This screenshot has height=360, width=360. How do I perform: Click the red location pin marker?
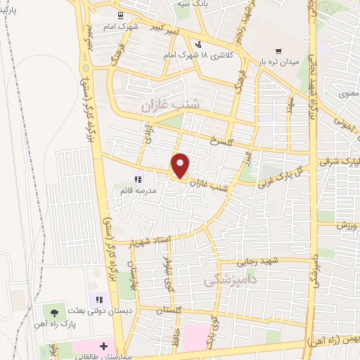tap(181, 165)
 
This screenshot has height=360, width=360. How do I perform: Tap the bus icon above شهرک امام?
tap(121, 14)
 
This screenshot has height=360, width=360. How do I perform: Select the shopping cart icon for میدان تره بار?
tap(278, 51)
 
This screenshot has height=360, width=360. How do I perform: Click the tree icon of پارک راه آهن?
tap(55, 311)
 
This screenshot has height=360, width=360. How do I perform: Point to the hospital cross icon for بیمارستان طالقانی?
tap(103, 346)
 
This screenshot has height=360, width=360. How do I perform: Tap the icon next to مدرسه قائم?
tap(138, 180)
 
